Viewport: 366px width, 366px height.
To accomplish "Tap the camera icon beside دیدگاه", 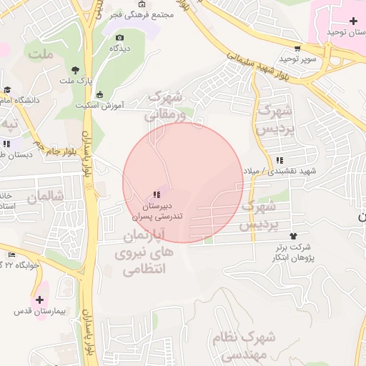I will click(119, 37).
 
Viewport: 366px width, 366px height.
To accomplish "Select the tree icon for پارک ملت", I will click(75, 70).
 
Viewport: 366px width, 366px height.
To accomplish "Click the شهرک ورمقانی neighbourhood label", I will click(166, 104).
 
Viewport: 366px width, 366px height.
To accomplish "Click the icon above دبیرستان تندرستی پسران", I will click(157, 194).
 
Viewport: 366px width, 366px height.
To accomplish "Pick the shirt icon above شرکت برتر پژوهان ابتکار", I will click(292, 235).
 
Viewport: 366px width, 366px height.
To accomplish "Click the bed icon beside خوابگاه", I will click(11, 255).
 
